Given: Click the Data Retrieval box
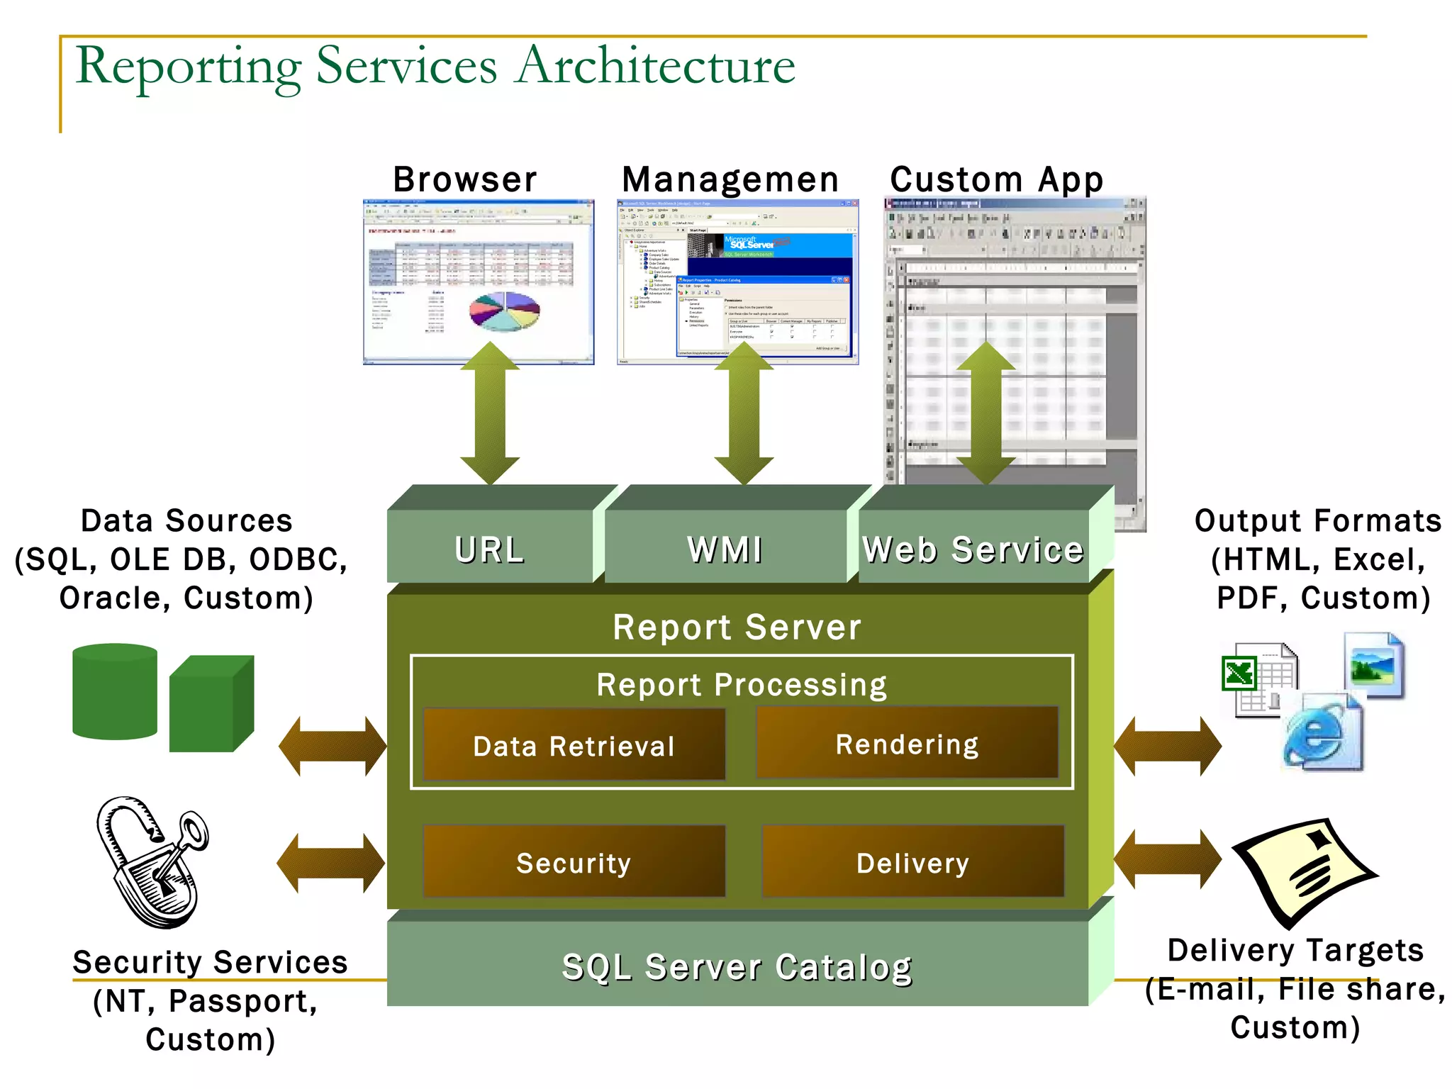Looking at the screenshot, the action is click(574, 744).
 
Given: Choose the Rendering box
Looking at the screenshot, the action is click(907, 743).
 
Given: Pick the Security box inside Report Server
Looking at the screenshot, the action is click(574, 861).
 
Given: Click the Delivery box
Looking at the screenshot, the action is click(912, 861).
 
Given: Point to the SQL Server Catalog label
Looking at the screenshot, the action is click(737, 966).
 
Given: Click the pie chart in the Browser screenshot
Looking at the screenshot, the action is click(504, 311).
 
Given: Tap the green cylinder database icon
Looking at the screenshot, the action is click(114, 691).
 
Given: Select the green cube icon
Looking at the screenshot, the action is click(211, 703).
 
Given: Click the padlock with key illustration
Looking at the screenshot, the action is click(152, 861).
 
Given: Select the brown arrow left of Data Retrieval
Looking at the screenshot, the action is click(332, 745).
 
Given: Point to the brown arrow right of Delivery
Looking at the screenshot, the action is click(1167, 859).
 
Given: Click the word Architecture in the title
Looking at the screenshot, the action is click(656, 66).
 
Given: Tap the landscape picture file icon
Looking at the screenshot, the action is click(1373, 666).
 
